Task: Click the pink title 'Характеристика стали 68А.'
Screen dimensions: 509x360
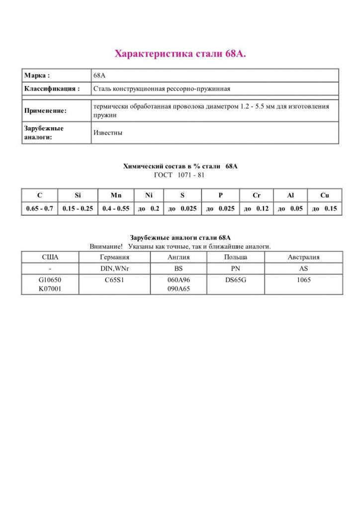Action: pyautogui.click(x=180, y=54)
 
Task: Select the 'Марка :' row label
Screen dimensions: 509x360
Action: pyautogui.click(x=37, y=76)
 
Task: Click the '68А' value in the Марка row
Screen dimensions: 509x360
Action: pyautogui.click(x=99, y=76)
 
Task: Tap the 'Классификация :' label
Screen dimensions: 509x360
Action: pyautogui.click(x=52, y=89)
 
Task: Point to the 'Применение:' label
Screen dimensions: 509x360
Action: pyautogui.click(x=45, y=111)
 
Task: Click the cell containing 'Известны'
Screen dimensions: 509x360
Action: pyautogui.click(x=108, y=133)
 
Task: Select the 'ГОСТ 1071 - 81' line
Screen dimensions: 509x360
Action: pyautogui.click(x=180, y=175)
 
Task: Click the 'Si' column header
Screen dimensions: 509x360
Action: pyautogui.click(x=78, y=195)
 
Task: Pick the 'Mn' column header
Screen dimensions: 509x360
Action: pyautogui.click(x=116, y=195)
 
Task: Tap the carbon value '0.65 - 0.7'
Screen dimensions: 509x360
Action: pyautogui.click(x=40, y=209)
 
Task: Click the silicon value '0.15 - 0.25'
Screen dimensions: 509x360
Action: pyautogui.click(x=78, y=209)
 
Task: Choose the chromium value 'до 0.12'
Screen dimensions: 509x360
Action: pyautogui.click(x=257, y=209)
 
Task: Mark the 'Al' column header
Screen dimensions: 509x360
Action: pyautogui.click(x=290, y=195)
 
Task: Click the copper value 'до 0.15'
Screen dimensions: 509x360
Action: pyautogui.click(x=324, y=209)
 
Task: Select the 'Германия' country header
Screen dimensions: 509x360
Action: pyautogui.click(x=114, y=257)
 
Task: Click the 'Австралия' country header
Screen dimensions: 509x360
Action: pyautogui.click(x=303, y=257)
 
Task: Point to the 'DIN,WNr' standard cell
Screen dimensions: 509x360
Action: pyautogui.click(x=114, y=268)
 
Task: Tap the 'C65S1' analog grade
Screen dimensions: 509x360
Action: pyautogui.click(x=114, y=280)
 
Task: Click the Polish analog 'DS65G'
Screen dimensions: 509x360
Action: pyautogui.click(x=236, y=280)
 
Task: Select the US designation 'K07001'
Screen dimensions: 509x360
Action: pyautogui.click(x=50, y=288)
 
